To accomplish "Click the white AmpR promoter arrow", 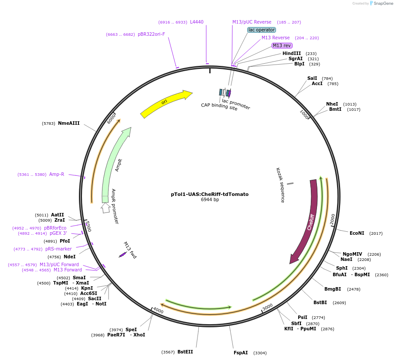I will (x=105, y=208).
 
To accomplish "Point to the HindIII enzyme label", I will (x=292, y=53).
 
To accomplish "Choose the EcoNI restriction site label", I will (x=357, y=233).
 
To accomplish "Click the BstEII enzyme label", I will (x=185, y=352).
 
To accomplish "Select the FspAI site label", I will (x=241, y=353).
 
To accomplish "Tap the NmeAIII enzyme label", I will (x=69, y=123).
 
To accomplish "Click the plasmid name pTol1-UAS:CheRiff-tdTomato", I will (x=210, y=194).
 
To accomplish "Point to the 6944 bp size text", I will (x=210, y=200).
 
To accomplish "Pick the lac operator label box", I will (x=262, y=30).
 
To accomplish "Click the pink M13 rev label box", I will (x=282, y=45).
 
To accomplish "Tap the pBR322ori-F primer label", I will (x=151, y=34).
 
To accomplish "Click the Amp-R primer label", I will (x=57, y=174).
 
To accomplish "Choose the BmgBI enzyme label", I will (x=333, y=289).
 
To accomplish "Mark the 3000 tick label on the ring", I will (x=267, y=307).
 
